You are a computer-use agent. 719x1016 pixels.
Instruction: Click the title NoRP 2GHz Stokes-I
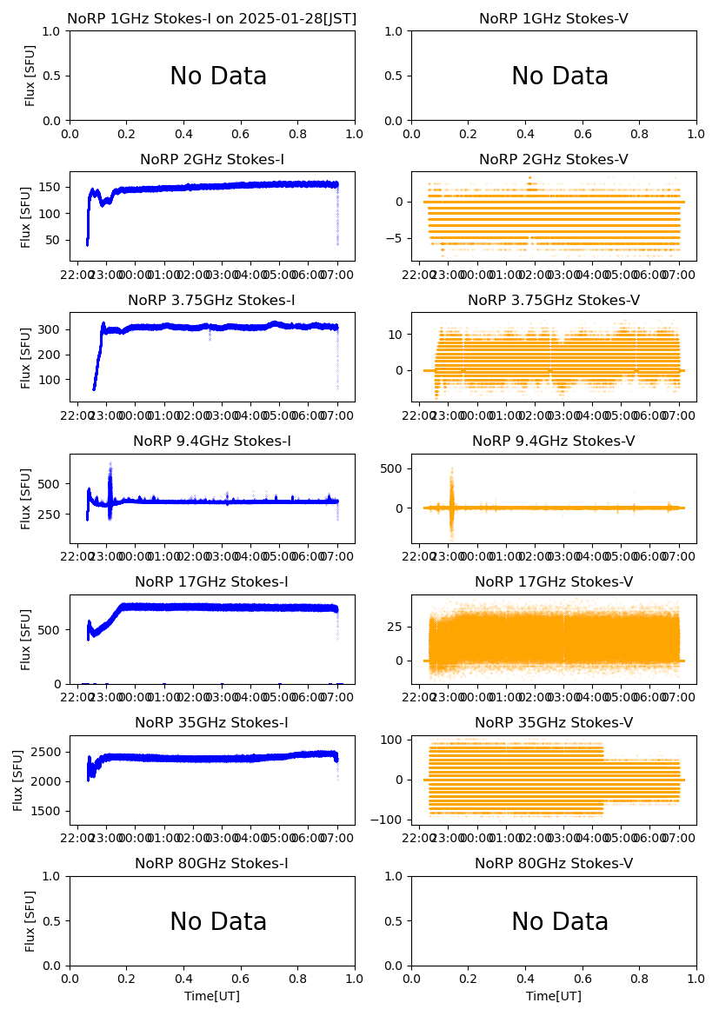(212, 159)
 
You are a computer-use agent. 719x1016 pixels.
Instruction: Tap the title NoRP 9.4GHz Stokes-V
(554, 442)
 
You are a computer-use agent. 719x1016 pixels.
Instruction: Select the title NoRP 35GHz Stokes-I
(212, 723)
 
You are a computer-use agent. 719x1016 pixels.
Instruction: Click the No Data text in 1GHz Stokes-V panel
(560, 76)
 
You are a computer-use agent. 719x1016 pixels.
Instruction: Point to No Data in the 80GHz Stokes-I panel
(218, 921)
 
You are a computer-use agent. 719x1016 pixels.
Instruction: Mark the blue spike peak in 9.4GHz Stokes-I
(110, 465)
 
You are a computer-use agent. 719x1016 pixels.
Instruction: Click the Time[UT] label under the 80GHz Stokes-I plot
(212, 996)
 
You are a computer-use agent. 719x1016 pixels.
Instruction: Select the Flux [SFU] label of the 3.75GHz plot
(27, 357)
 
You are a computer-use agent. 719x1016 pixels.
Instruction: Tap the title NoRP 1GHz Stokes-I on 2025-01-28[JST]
(212, 19)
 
